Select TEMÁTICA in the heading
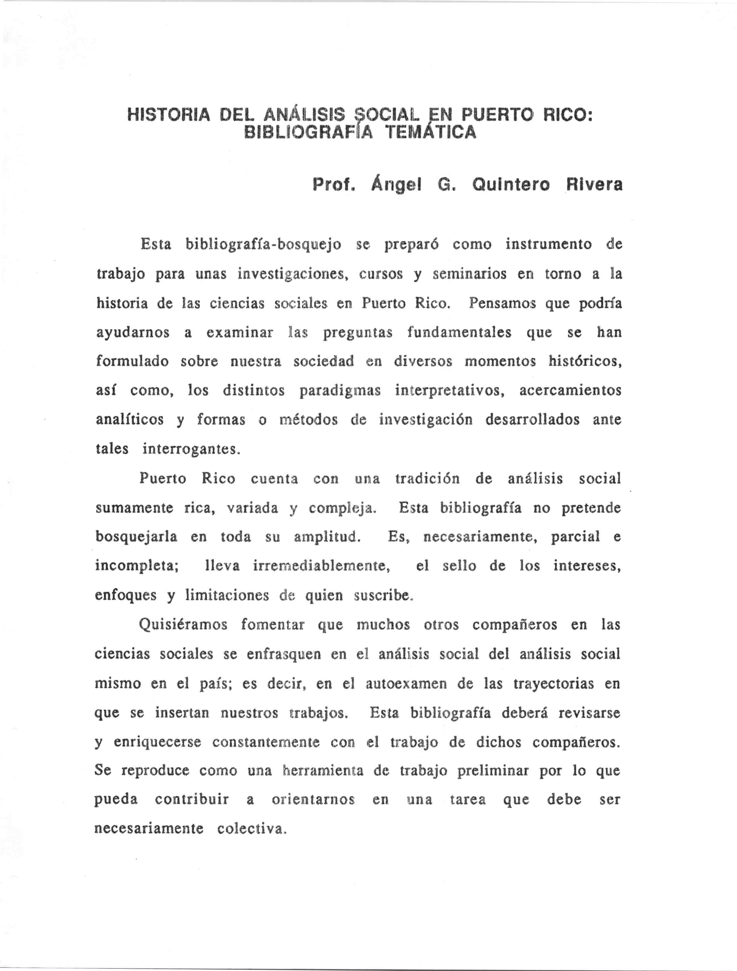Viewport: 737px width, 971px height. [430, 132]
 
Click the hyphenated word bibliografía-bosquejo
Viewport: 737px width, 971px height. [263, 244]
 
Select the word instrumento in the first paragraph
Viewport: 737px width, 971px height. [548, 244]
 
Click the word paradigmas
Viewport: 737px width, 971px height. [340, 391]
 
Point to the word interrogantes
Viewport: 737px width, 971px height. [191, 449]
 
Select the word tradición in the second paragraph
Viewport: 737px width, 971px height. [427, 478]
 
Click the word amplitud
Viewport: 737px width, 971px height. [327, 537]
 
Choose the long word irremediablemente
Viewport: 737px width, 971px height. [322, 566]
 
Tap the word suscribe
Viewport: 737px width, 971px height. [384, 596]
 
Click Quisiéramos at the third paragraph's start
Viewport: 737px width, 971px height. [183, 624]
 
